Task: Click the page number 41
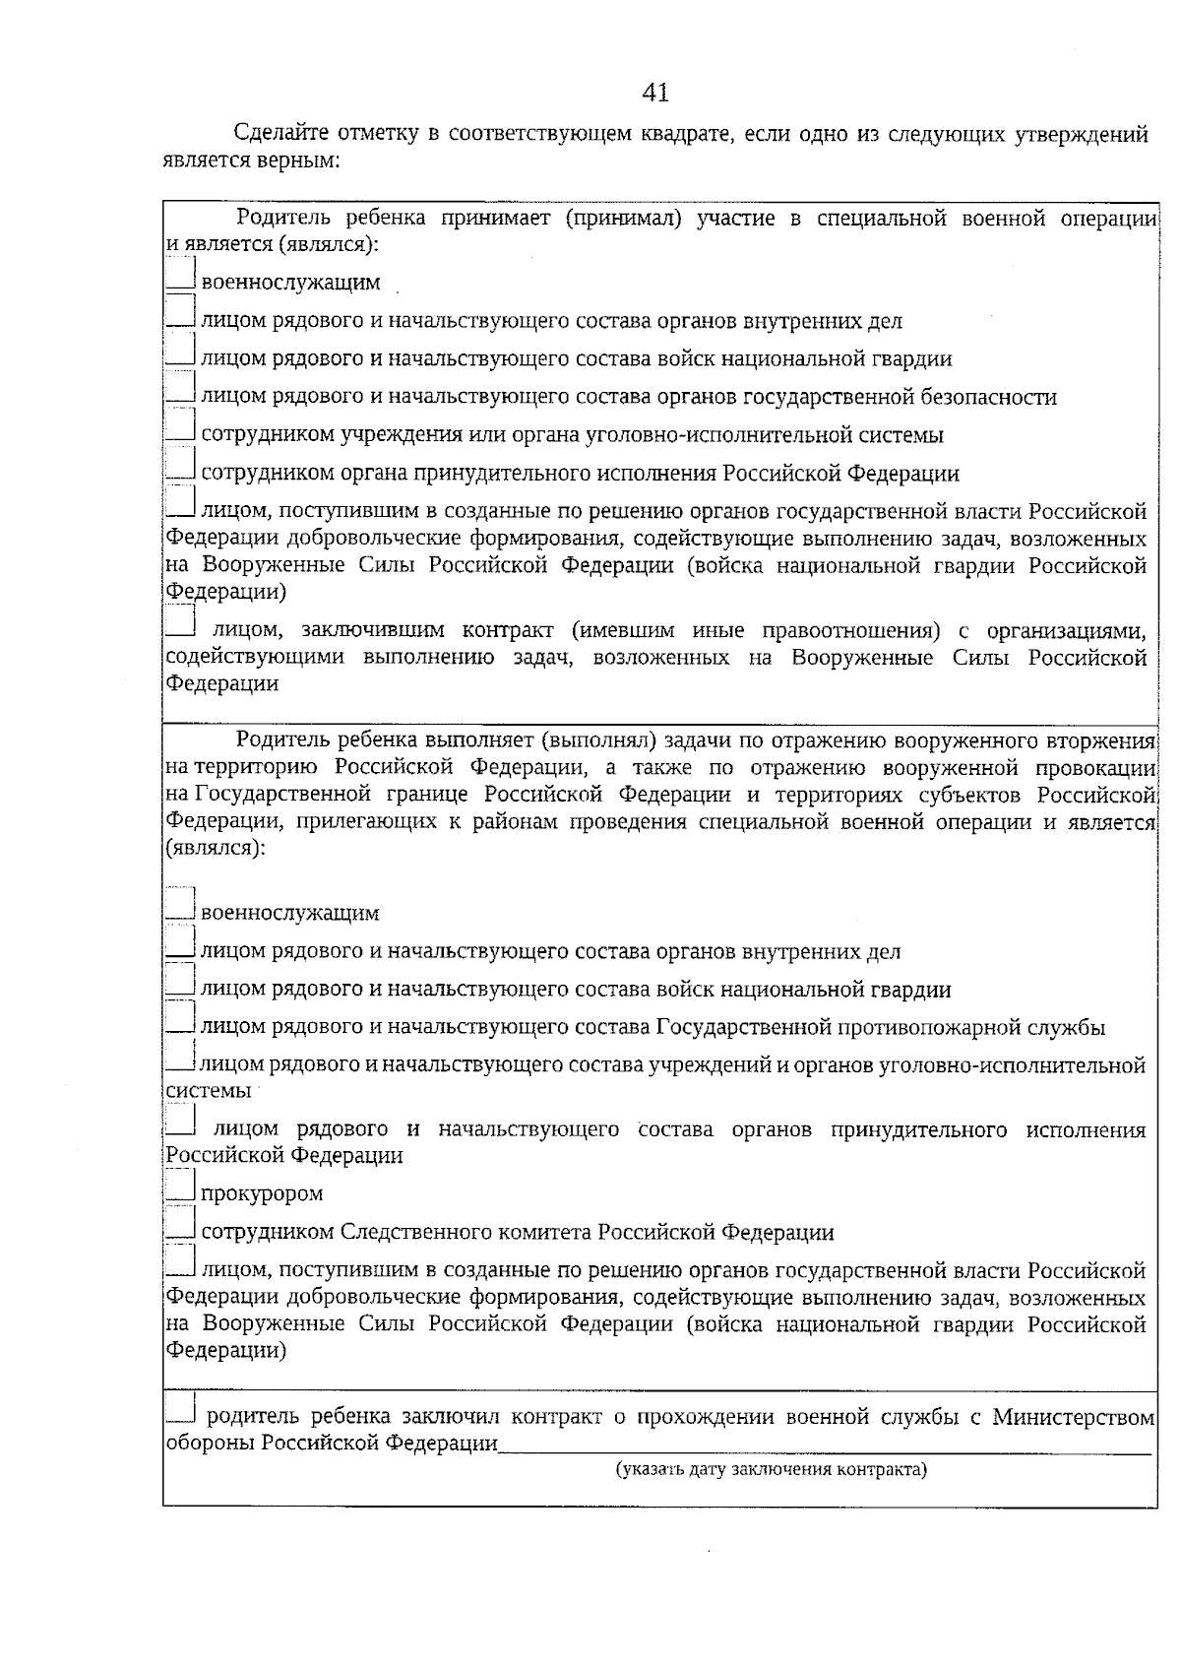(x=654, y=93)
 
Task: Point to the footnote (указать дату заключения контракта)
(x=772, y=1470)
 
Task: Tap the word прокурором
(x=262, y=1194)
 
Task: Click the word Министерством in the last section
(x=1073, y=1418)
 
